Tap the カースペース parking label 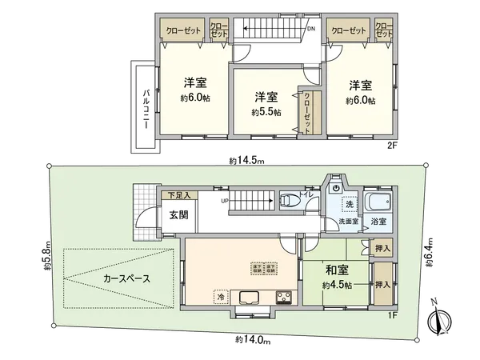point(127,279)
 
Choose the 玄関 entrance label point(179,214)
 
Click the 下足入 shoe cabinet point(178,195)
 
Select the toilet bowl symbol point(289,199)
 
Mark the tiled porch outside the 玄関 point(143,197)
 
